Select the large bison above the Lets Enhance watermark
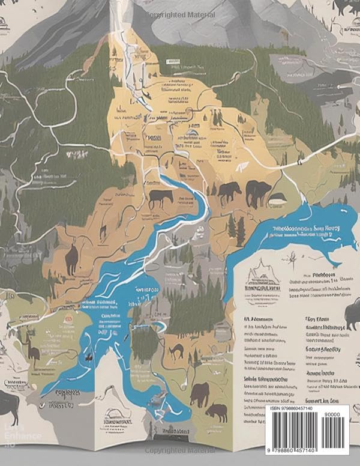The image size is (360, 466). pyautogui.click(x=11, y=406)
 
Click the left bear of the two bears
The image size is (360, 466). pyautogui.click(x=229, y=192)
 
